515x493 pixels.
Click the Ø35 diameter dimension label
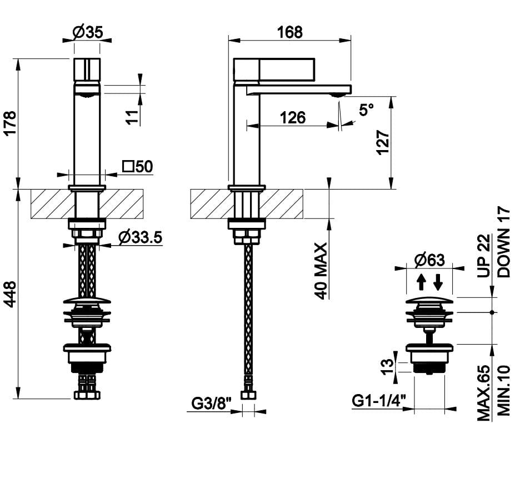(x=87, y=33)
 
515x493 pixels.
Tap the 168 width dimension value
(x=290, y=32)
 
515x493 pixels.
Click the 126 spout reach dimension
(x=292, y=117)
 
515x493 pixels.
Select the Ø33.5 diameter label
(x=139, y=238)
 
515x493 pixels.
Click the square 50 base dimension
(x=137, y=166)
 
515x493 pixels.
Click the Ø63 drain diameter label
(x=430, y=260)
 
